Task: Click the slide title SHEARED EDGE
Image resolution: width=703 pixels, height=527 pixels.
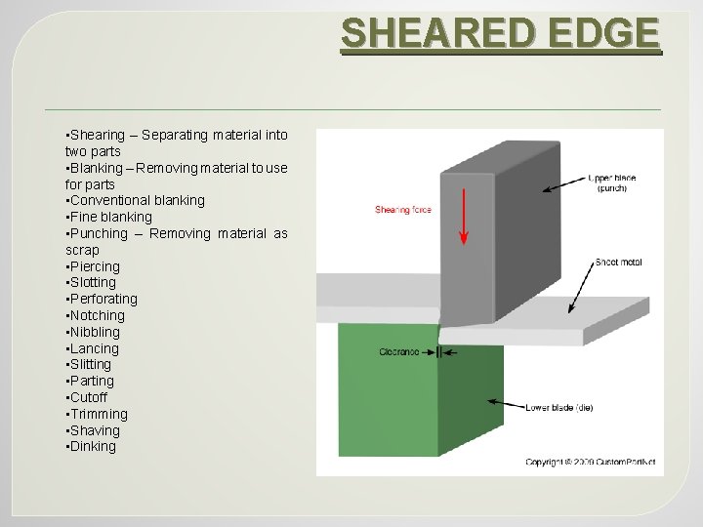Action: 500,34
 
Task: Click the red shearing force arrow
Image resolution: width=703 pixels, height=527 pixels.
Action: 464,216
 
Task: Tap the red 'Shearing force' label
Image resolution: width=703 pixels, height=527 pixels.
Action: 403,210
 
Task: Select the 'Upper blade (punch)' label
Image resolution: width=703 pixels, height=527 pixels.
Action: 612,182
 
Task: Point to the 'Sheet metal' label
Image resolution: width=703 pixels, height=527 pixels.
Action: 619,263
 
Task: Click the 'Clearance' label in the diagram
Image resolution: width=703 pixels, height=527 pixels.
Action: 400,351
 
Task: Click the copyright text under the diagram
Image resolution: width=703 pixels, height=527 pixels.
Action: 590,462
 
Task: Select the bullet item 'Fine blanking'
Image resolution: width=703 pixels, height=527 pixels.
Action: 109,217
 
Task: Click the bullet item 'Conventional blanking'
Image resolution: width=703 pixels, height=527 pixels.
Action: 136,200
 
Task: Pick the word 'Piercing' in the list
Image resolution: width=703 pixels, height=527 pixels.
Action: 94,266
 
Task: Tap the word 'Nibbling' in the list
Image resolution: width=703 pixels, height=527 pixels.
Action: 96,332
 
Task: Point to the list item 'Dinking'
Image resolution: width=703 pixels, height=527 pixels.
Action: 92,447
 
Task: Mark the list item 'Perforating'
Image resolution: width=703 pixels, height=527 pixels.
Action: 103,299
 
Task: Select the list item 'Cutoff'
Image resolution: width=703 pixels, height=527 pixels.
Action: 88,397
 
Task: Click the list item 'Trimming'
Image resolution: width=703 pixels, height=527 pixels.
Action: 98,414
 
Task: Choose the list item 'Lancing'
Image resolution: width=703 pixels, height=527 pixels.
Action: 94,348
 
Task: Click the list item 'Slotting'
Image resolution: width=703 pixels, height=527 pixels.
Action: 92,282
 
